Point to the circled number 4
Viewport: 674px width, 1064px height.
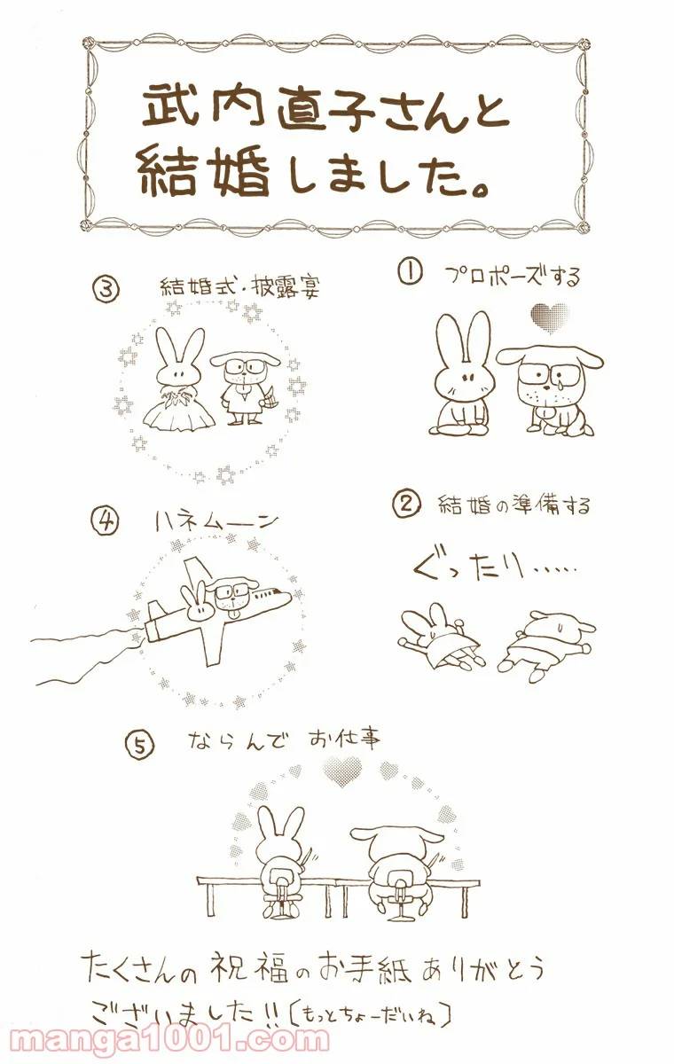104,521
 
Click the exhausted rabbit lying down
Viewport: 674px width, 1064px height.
440,637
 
